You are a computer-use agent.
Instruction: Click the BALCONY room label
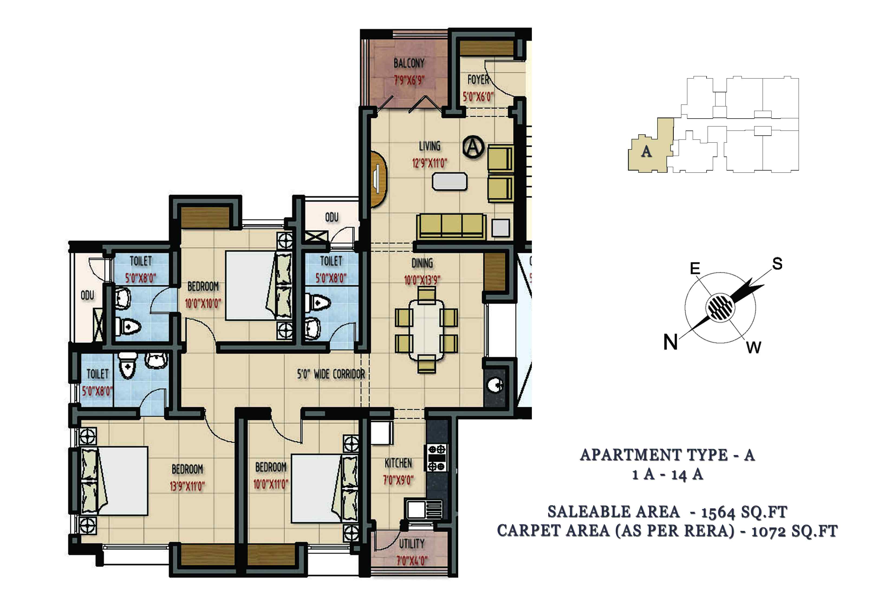coord(409,63)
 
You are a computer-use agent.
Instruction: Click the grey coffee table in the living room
coord(450,181)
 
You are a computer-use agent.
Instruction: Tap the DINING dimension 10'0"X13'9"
coord(422,280)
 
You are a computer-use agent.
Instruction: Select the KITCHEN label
coord(398,464)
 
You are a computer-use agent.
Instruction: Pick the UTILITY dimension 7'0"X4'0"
coord(412,561)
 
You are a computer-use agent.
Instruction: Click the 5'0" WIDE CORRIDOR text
coord(331,374)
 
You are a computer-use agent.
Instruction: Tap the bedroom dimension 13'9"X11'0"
coord(187,486)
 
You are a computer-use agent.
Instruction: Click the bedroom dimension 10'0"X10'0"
coord(203,303)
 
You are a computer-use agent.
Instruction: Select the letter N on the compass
coord(671,342)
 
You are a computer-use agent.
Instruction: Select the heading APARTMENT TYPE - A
coord(668,455)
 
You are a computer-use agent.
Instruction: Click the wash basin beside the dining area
coord(495,385)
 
